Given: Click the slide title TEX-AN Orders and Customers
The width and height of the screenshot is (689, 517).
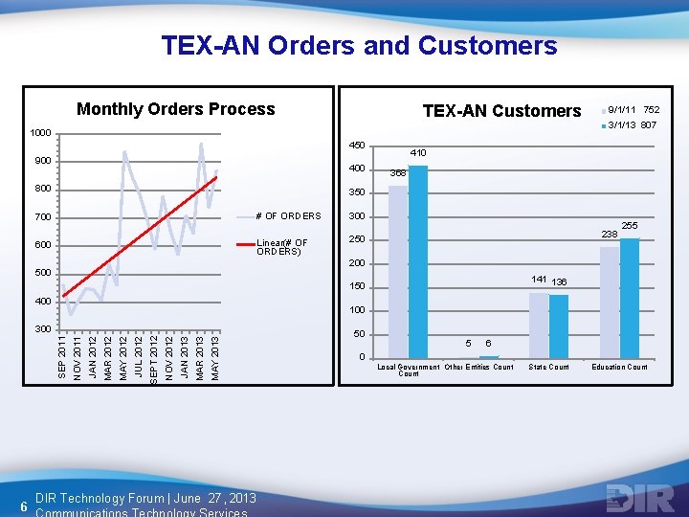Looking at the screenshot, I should [x=359, y=45].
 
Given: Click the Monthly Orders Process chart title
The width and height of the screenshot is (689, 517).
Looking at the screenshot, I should [x=175, y=109].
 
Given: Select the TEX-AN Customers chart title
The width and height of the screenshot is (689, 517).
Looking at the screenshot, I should [x=501, y=111].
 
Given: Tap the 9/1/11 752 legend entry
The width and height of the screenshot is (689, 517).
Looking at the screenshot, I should [x=633, y=110].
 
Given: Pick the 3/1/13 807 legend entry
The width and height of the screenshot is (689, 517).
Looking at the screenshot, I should [x=633, y=124].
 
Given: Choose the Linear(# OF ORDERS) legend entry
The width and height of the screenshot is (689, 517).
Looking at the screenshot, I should [x=281, y=248].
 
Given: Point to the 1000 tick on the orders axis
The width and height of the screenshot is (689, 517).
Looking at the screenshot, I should [x=41, y=133].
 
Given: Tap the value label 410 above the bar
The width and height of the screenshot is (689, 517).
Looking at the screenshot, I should [x=418, y=153].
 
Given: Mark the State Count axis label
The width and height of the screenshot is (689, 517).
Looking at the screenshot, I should [x=548, y=367].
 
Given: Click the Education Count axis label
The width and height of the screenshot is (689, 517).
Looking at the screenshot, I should [x=619, y=367].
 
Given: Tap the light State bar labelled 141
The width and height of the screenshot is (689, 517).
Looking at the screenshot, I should [x=538, y=325].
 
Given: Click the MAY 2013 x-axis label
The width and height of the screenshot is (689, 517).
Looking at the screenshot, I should [x=215, y=354].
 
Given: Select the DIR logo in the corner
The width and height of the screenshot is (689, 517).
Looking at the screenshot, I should [x=633, y=498].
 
